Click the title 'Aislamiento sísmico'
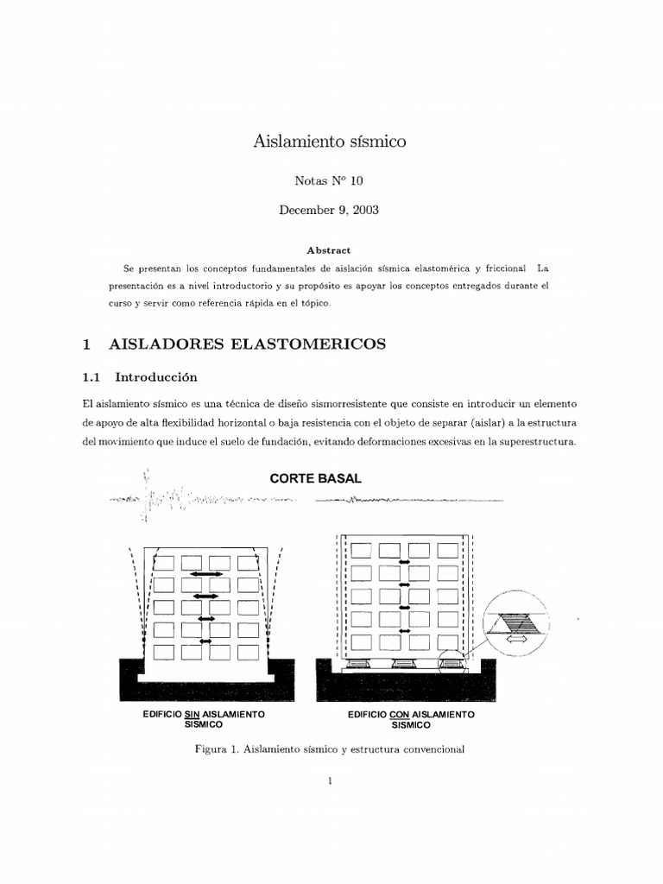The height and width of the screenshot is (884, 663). coord(329,141)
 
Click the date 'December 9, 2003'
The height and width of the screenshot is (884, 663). coord(329,211)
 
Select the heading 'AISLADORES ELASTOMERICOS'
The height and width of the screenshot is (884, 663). coord(248,344)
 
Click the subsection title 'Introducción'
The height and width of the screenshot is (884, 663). coord(156,377)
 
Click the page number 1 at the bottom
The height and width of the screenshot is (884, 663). coord(330,782)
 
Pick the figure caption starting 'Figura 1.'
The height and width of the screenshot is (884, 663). coord(331,749)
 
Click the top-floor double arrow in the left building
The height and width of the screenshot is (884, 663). coord(206,574)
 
